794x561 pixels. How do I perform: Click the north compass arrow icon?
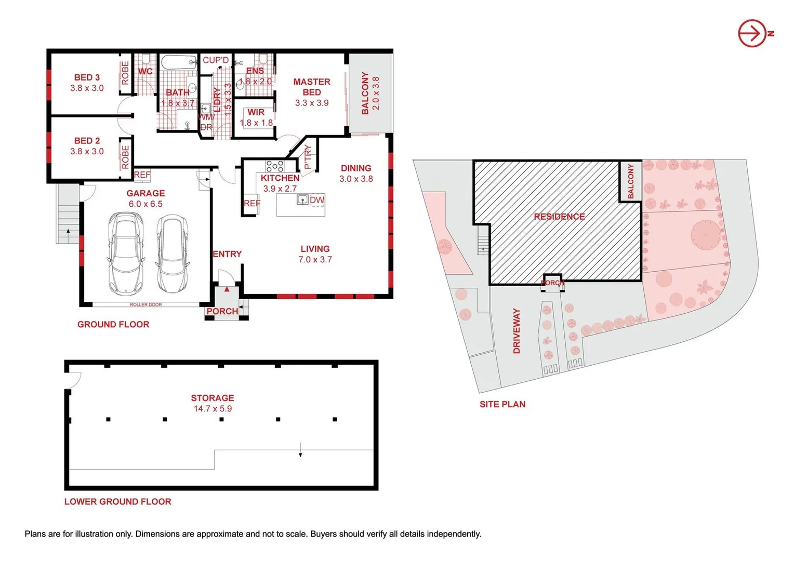point(752,33)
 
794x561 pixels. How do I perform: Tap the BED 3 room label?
point(87,77)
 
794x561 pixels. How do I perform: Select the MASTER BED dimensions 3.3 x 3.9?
point(312,103)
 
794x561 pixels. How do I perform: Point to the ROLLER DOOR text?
point(146,305)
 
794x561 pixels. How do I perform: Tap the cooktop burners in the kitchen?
point(274,166)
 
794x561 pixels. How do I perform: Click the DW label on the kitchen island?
point(317,200)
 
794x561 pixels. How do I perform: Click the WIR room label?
point(256,112)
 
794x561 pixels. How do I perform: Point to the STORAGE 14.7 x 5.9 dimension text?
point(213,409)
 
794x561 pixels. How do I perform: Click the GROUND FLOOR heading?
point(113,325)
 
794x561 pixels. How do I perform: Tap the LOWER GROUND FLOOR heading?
point(117,502)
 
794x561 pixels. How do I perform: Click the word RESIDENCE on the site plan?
point(559,217)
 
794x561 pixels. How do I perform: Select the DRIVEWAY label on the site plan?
point(517,331)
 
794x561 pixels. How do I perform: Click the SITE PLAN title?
point(502,404)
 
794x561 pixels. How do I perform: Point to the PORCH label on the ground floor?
point(222,311)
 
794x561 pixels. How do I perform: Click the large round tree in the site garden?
point(706,235)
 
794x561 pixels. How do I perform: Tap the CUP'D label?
point(216,60)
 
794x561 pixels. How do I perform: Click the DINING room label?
point(356,168)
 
